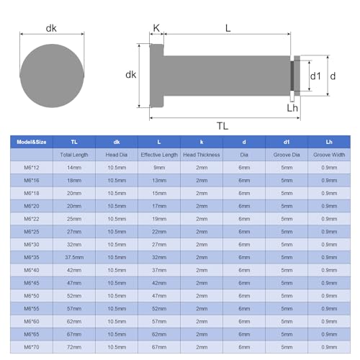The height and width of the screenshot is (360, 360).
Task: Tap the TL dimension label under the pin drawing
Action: [222, 125]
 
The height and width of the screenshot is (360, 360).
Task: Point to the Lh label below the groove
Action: [292, 108]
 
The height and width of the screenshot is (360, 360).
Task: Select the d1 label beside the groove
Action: [315, 76]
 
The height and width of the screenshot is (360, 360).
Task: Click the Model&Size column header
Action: [32, 142]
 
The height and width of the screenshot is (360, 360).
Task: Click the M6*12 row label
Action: [32, 168]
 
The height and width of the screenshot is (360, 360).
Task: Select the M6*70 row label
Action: [32, 347]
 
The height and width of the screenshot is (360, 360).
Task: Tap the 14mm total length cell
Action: [74, 168]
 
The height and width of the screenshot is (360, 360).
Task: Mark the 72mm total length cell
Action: [74, 347]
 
